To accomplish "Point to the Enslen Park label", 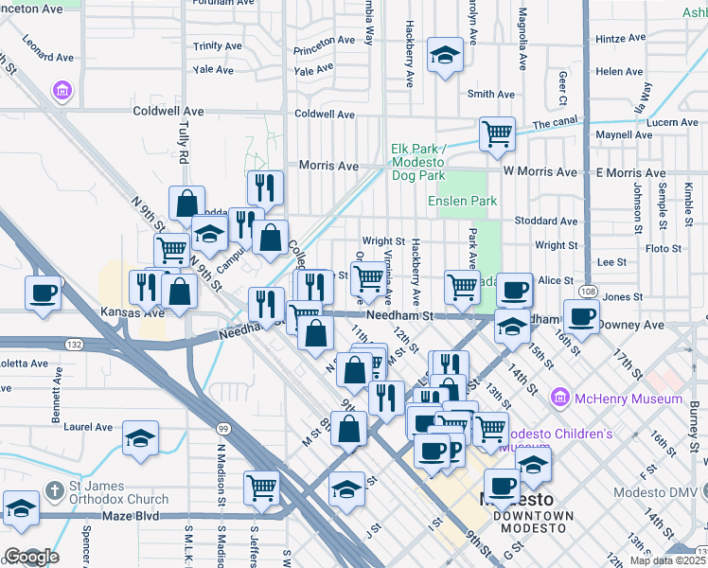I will coord(462,202).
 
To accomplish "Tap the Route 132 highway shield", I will coord(74,344).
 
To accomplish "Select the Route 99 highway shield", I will coord(222,429).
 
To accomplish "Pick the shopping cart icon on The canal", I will coord(496,133).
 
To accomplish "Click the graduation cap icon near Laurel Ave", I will coord(140,438).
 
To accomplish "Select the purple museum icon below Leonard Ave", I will coord(63,91).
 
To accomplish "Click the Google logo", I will coord(30,557).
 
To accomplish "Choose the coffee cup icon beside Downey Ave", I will coord(581,315).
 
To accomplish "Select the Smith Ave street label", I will coord(491,94).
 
